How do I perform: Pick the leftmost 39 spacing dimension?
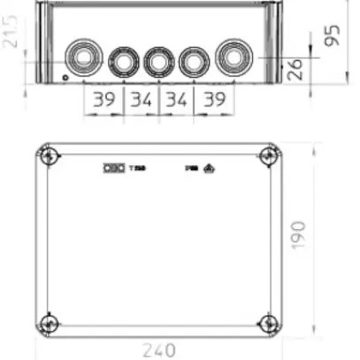(103, 100)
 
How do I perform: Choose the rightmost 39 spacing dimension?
(213, 100)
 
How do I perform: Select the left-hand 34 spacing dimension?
(141, 100)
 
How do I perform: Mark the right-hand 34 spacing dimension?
(177, 100)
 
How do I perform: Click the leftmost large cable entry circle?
(83, 60)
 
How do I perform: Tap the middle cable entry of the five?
(157, 61)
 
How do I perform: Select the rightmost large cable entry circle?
(233, 60)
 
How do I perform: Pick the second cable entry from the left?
(121, 62)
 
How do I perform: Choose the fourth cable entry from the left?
(194, 62)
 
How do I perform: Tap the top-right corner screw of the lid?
(266, 157)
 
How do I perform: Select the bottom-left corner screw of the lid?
(51, 320)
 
